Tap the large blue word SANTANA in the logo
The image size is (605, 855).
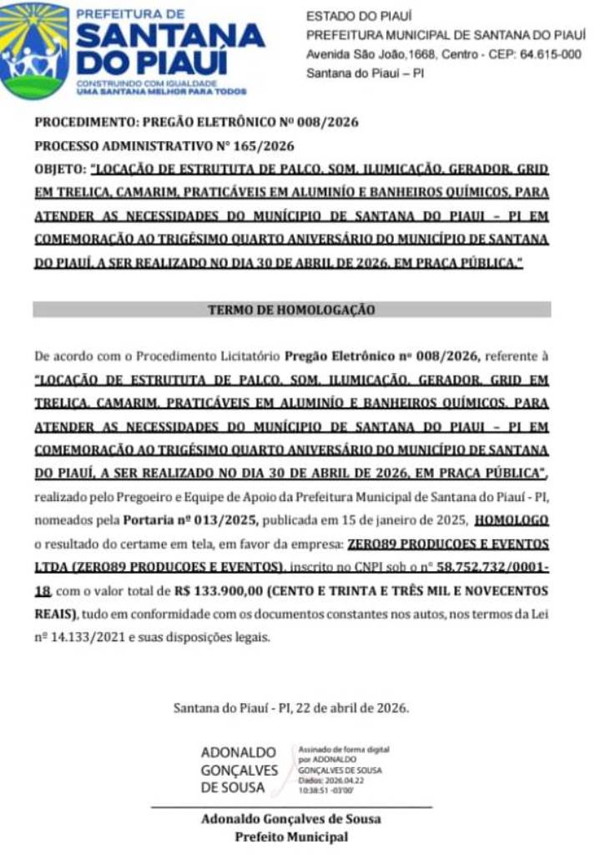[x=170, y=36]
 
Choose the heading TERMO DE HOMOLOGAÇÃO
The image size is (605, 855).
[x=291, y=310]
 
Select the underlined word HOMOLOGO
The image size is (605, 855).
[x=512, y=521]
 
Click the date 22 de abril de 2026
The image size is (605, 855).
[x=350, y=708]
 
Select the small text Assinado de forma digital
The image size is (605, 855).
[x=344, y=751]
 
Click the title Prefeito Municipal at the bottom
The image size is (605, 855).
[x=291, y=837]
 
